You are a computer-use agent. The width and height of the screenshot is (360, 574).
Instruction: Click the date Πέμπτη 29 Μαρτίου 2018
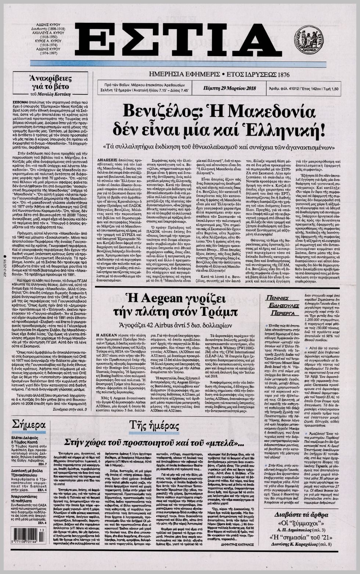click(x=230, y=88)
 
